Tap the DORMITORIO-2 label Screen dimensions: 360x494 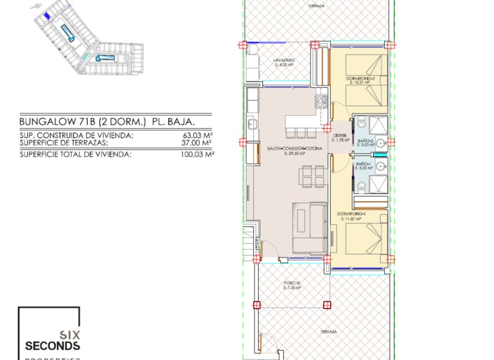tap(359, 79)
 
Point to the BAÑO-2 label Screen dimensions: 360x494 tap(365, 142)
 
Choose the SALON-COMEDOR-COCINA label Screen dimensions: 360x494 tap(294, 149)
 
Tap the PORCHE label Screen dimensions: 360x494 tap(293, 283)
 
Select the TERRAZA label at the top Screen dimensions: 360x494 tap(316, 5)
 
